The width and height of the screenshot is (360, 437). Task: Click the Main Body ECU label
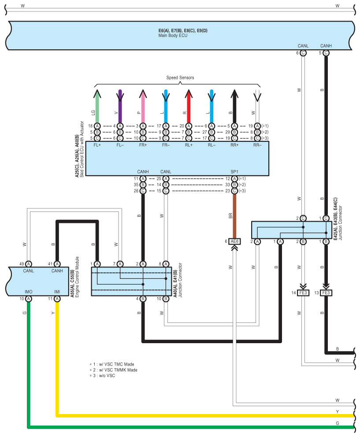(x=173, y=36)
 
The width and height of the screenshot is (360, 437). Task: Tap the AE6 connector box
(x=234, y=241)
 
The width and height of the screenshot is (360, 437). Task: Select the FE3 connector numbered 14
(x=303, y=293)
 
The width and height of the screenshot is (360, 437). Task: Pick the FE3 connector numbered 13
(x=326, y=293)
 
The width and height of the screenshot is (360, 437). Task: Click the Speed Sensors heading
(x=180, y=78)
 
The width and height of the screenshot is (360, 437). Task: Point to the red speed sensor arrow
(x=189, y=106)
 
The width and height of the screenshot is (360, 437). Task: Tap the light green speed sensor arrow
(x=97, y=106)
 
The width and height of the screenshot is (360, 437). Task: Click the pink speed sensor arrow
(x=143, y=106)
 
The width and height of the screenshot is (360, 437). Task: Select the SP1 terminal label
(x=234, y=172)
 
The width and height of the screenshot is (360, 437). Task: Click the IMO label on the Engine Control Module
(x=29, y=292)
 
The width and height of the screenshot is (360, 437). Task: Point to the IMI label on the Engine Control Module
(x=57, y=292)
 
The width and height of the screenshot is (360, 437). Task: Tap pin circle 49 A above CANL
(x=29, y=264)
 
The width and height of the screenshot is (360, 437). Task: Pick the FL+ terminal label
(x=97, y=145)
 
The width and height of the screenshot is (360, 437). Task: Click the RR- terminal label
(x=257, y=145)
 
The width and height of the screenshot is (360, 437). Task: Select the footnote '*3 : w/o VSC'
(x=102, y=376)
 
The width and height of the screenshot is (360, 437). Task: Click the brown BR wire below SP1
(x=234, y=216)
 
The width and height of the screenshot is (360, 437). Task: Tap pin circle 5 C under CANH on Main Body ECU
(x=326, y=53)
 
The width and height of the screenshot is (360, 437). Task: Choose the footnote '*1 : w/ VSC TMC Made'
(x=112, y=364)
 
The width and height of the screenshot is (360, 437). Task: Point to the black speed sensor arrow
(x=234, y=106)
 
